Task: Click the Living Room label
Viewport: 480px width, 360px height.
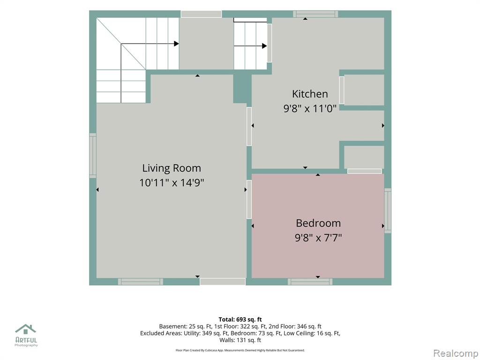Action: tap(172, 168)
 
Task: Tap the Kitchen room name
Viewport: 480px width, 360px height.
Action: tap(310, 94)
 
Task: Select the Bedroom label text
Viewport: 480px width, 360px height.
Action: tap(318, 223)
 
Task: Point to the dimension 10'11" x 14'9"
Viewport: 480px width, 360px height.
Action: tap(172, 183)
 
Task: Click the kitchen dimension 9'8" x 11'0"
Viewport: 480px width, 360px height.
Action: tap(310, 108)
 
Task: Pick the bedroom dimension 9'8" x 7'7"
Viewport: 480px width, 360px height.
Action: tap(318, 238)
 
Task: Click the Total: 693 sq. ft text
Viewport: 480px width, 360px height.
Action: tap(240, 320)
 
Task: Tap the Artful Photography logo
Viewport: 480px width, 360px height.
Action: tap(26, 336)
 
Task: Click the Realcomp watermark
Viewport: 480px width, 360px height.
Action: tap(456, 353)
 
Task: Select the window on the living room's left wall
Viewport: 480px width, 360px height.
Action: tap(93, 156)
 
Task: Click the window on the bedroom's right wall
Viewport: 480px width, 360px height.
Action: tap(388, 210)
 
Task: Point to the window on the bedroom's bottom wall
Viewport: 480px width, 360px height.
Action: tap(310, 282)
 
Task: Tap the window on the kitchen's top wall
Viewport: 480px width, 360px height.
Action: tap(315, 14)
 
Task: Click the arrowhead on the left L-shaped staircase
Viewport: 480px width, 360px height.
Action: tap(176, 44)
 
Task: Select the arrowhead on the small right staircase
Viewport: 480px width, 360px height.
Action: tap(264, 46)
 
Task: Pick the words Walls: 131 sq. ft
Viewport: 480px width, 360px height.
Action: tap(240, 340)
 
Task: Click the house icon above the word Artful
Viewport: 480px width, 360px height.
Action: tap(26, 329)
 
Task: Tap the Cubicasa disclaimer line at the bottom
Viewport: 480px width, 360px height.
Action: tap(240, 350)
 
